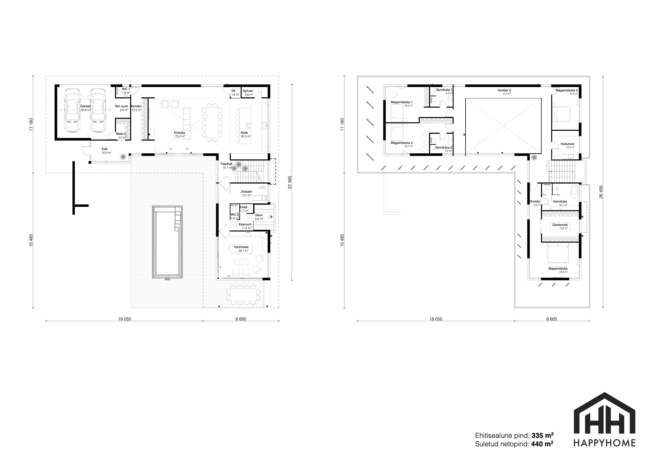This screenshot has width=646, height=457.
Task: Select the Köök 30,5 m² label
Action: [245, 134]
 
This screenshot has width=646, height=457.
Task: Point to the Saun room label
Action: [259, 215]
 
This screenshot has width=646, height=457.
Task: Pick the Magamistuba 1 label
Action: [402, 102]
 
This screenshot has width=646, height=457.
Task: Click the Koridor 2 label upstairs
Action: [505, 90]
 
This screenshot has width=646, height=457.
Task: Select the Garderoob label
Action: [560, 225]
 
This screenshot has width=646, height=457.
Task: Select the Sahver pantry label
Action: [248, 91]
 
